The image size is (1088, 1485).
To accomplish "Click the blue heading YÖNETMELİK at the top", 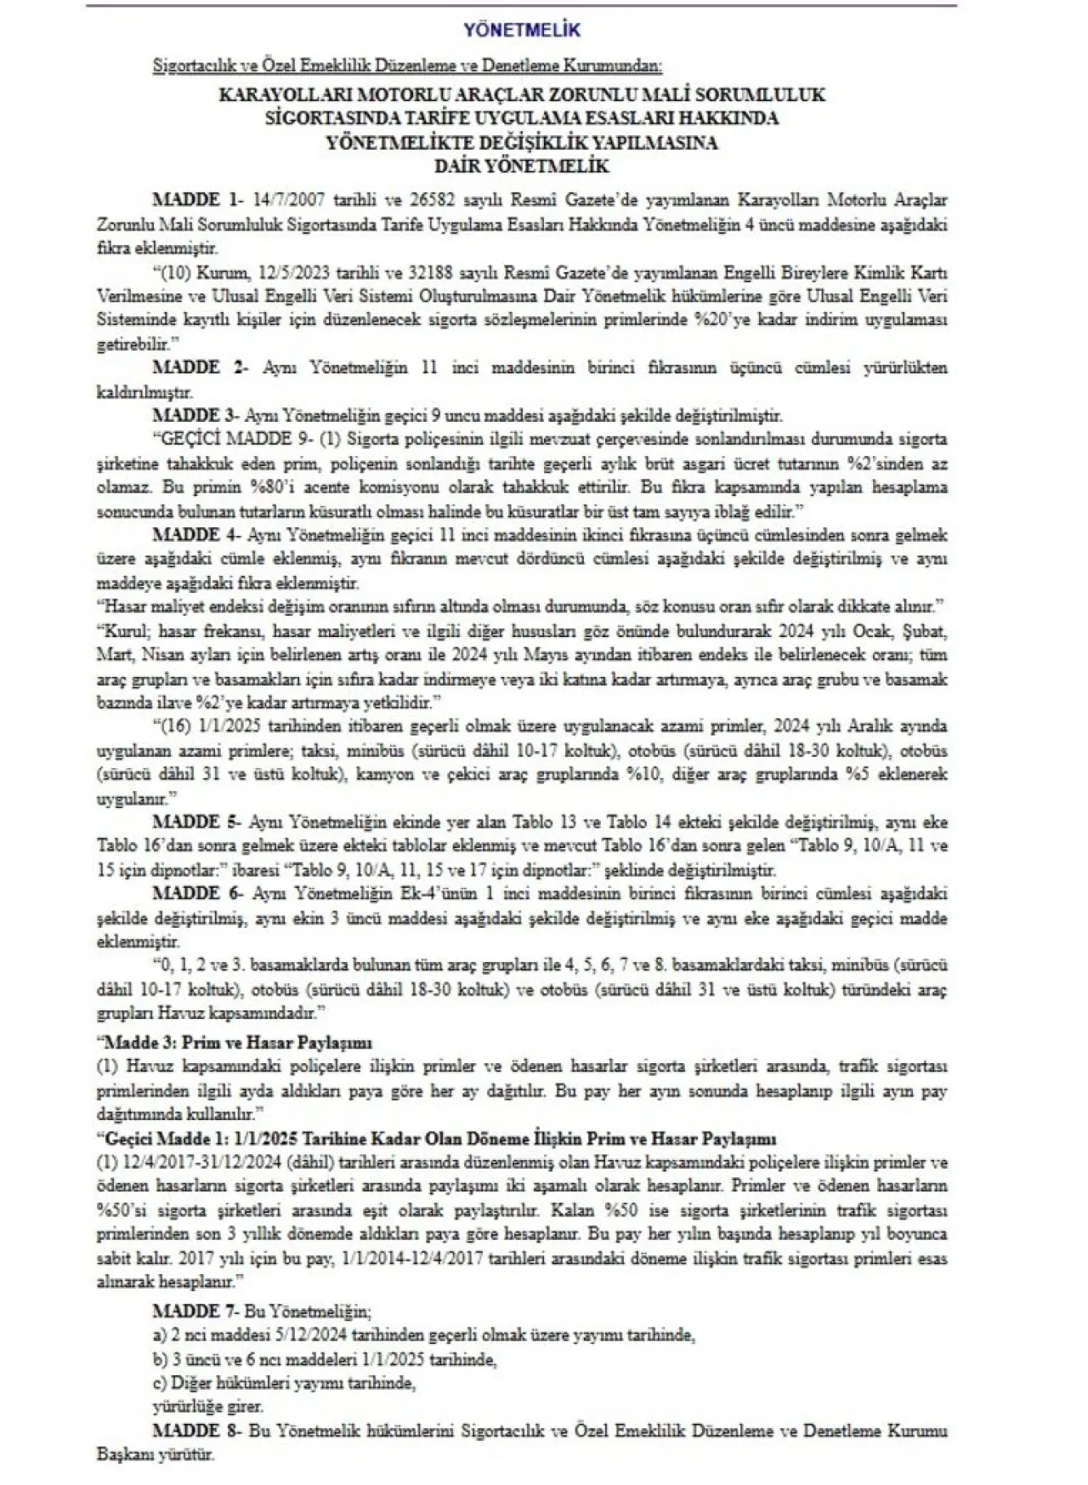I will (522, 30).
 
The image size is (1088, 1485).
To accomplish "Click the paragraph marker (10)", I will (175, 275).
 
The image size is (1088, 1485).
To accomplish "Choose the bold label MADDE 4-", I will (197, 536).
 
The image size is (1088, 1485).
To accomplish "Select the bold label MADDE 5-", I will (197, 822).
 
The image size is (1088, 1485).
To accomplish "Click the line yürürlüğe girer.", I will (208, 1407).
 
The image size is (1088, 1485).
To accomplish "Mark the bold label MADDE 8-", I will (197, 1431).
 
